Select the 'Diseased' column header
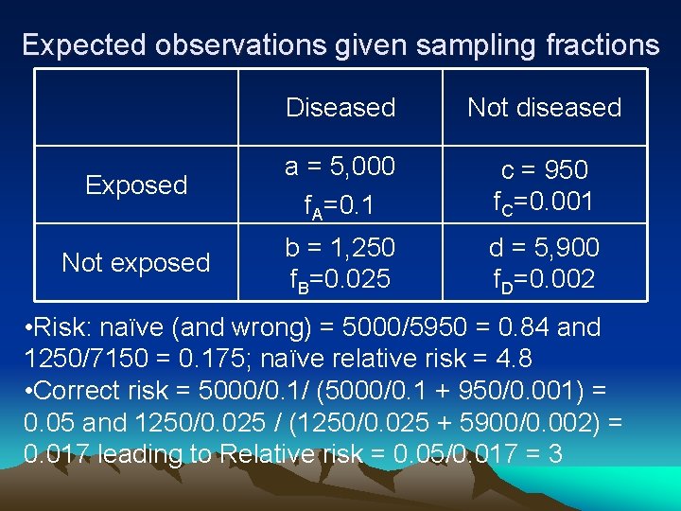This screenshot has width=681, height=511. tap(340, 108)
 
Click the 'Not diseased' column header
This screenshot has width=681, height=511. tap(544, 108)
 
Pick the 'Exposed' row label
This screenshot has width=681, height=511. tap(136, 185)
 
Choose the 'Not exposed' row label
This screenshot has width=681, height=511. tap(136, 262)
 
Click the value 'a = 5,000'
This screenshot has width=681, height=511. tap(340, 167)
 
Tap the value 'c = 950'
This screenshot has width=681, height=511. tap(544, 170)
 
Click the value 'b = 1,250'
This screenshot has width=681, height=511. tap(340, 248)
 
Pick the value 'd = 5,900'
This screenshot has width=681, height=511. tap(544, 248)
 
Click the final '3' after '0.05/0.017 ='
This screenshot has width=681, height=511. tap(555, 454)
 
